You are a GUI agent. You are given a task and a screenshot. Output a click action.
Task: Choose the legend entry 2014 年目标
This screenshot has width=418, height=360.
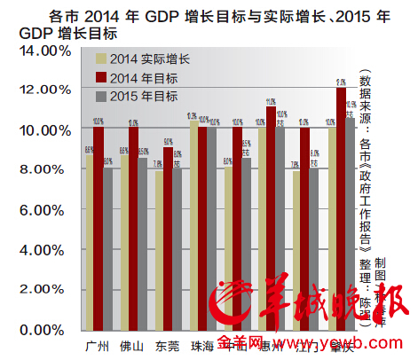[x=142, y=78]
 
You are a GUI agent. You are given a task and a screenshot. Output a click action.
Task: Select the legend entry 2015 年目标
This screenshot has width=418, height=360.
[x=142, y=96]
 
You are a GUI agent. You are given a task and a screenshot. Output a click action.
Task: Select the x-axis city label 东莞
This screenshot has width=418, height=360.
[x=167, y=345]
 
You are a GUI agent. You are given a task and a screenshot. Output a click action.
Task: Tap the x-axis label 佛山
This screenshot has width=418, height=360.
[x=132, y=345]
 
